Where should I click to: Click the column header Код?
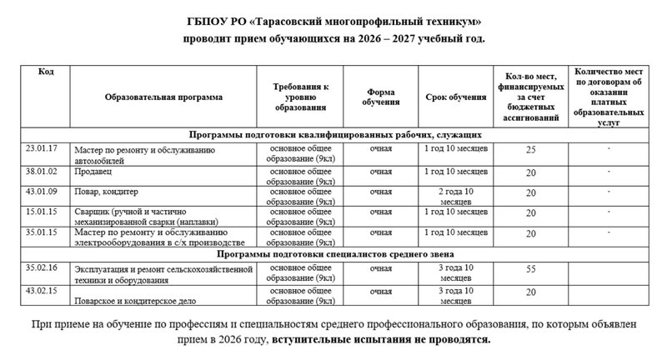(x=47, y=72)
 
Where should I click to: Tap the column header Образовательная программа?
(x=164, y=97)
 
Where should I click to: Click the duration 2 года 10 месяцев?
(x=457, y=196)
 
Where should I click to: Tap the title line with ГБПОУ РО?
(x=333, y=21)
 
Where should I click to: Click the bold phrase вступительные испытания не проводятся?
(x=382, y=341)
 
